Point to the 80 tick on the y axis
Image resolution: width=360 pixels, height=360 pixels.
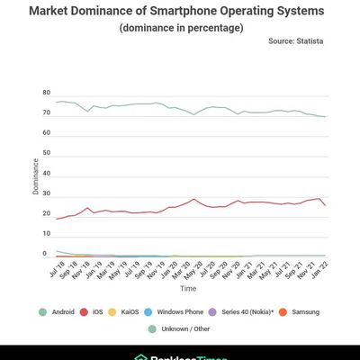click(46, 93)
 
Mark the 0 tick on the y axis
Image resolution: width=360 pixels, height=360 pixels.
click(45, 254)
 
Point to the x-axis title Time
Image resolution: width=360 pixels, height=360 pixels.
click(187, 289)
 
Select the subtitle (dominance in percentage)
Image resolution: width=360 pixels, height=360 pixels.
click(179, 28)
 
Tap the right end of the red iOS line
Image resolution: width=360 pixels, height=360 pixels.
click(325, 206)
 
